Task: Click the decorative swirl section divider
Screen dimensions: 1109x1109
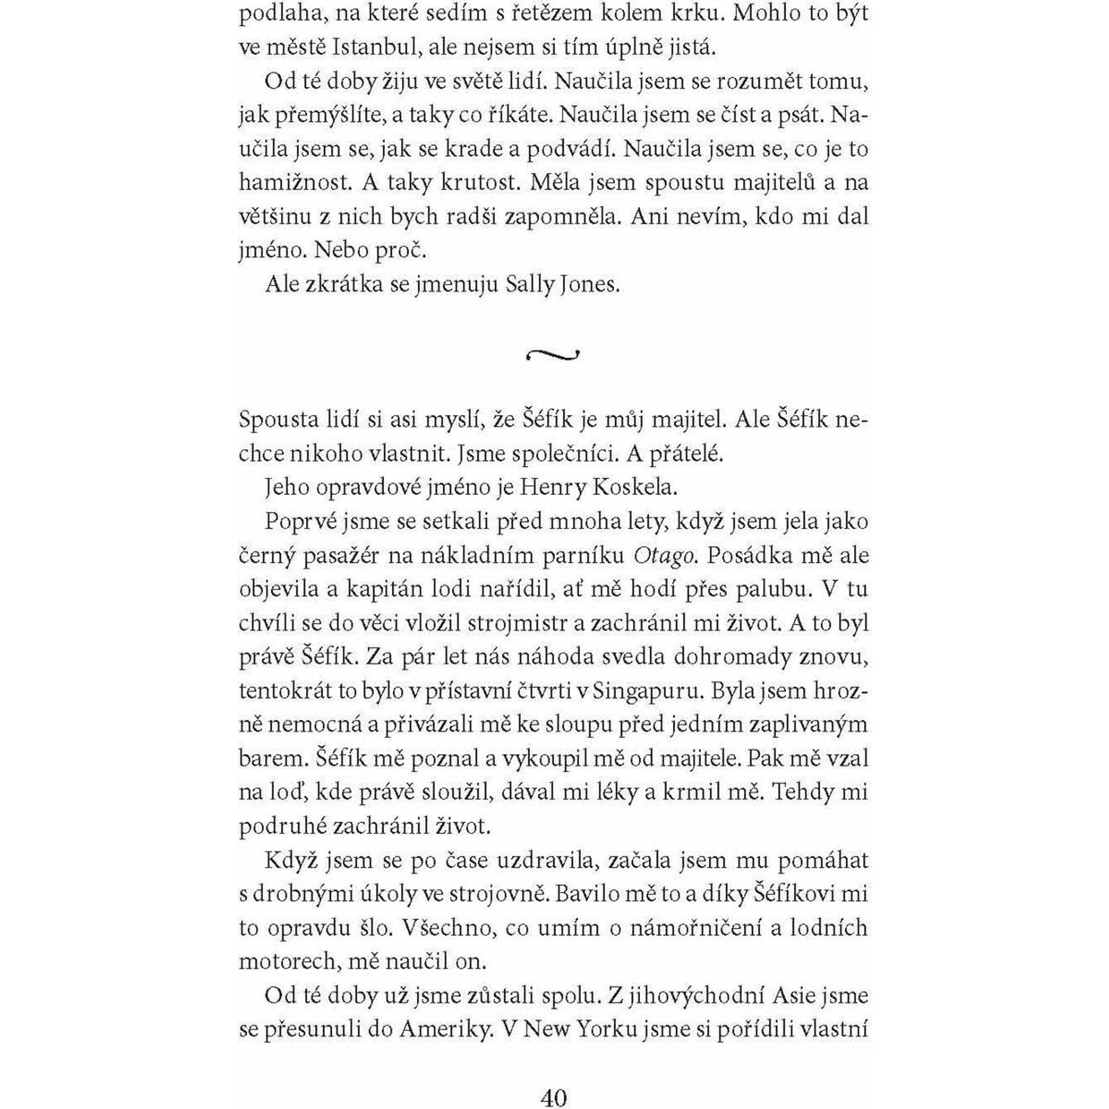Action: pyautogui.click(x=552, y=356)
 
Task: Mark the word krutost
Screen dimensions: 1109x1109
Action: pyautogui.click(x=480, y=182)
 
